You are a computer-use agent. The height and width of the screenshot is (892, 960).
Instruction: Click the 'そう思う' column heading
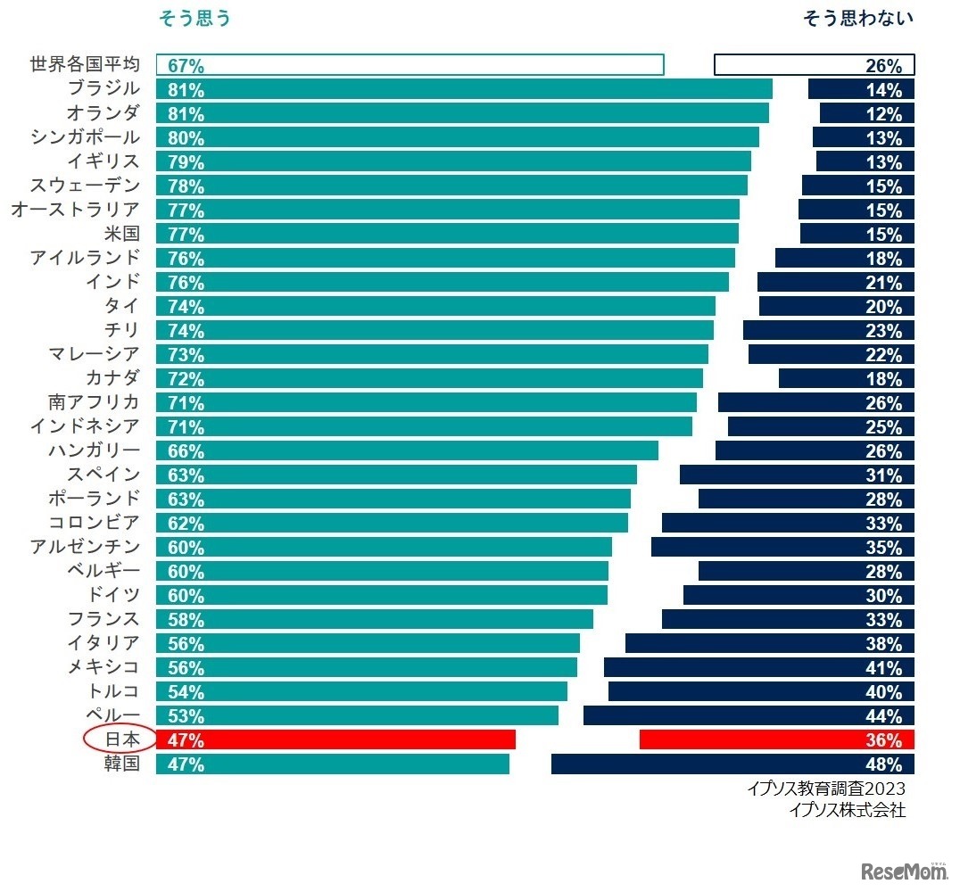194,18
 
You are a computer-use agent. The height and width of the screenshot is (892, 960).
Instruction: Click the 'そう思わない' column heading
858,18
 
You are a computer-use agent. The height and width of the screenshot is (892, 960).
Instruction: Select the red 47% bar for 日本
335,739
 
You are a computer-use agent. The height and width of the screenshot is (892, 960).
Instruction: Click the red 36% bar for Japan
776,739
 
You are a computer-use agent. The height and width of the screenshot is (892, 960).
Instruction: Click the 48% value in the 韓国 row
883,764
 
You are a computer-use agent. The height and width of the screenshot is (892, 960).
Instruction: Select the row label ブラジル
103,89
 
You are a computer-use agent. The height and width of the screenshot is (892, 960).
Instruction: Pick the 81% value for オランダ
186,114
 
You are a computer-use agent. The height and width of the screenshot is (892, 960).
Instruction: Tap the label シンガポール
86,137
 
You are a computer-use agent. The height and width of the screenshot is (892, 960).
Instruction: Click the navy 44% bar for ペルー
748,715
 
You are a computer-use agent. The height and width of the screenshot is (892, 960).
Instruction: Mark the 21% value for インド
883,283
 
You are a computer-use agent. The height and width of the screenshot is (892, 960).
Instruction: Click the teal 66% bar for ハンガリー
407,450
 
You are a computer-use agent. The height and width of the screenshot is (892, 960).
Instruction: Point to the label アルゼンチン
86,547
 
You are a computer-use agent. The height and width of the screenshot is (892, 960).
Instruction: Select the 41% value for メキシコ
883,667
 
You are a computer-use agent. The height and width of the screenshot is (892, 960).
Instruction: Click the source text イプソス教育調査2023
826,789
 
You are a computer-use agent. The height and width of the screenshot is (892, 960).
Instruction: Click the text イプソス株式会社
847,810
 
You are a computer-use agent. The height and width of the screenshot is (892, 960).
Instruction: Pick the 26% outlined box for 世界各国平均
814,65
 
